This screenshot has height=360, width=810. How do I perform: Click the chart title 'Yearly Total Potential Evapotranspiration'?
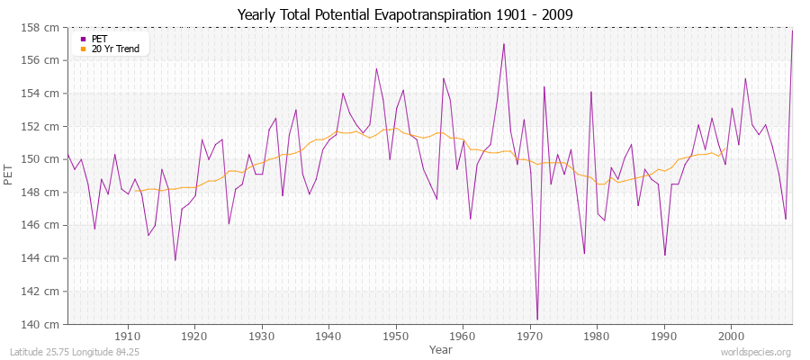(405, 14)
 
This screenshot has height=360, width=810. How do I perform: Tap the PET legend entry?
(98, 39)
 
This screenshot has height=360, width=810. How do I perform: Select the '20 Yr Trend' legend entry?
(115, 49)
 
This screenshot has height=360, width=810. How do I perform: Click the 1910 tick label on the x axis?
(128, 335)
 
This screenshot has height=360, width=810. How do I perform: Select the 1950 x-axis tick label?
(396, 335)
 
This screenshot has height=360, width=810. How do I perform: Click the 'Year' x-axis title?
(441, 348)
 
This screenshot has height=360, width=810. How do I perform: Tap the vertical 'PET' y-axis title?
(9, 175)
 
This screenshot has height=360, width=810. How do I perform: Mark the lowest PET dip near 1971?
(537, 319)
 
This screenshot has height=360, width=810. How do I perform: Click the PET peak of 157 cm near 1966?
(504, 43)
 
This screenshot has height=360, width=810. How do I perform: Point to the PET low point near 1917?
(175, 260)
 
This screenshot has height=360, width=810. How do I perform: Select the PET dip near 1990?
(665, 255)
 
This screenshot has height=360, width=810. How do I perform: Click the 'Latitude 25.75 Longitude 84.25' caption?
(74, 352)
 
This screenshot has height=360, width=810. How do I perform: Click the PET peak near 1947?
(376, 68)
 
